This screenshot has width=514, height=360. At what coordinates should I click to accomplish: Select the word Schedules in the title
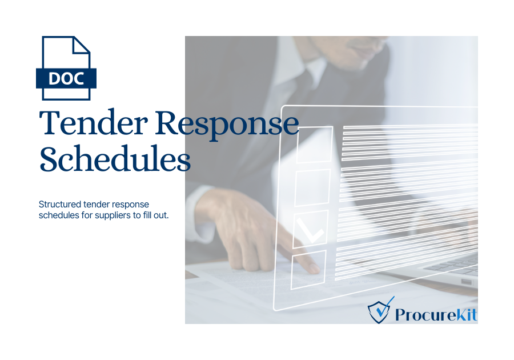coord(115,159)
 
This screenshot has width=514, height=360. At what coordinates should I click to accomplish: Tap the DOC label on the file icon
coord(66,78)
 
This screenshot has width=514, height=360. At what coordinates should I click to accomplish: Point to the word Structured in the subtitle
coord(60,204)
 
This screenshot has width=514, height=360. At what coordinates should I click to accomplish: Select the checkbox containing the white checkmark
coord(311,229)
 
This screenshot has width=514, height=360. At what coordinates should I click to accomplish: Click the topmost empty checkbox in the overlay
coord(315,145)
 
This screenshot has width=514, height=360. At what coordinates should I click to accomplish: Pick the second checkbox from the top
coord(312,187)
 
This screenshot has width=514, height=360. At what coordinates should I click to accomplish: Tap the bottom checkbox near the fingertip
coord(308,270)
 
